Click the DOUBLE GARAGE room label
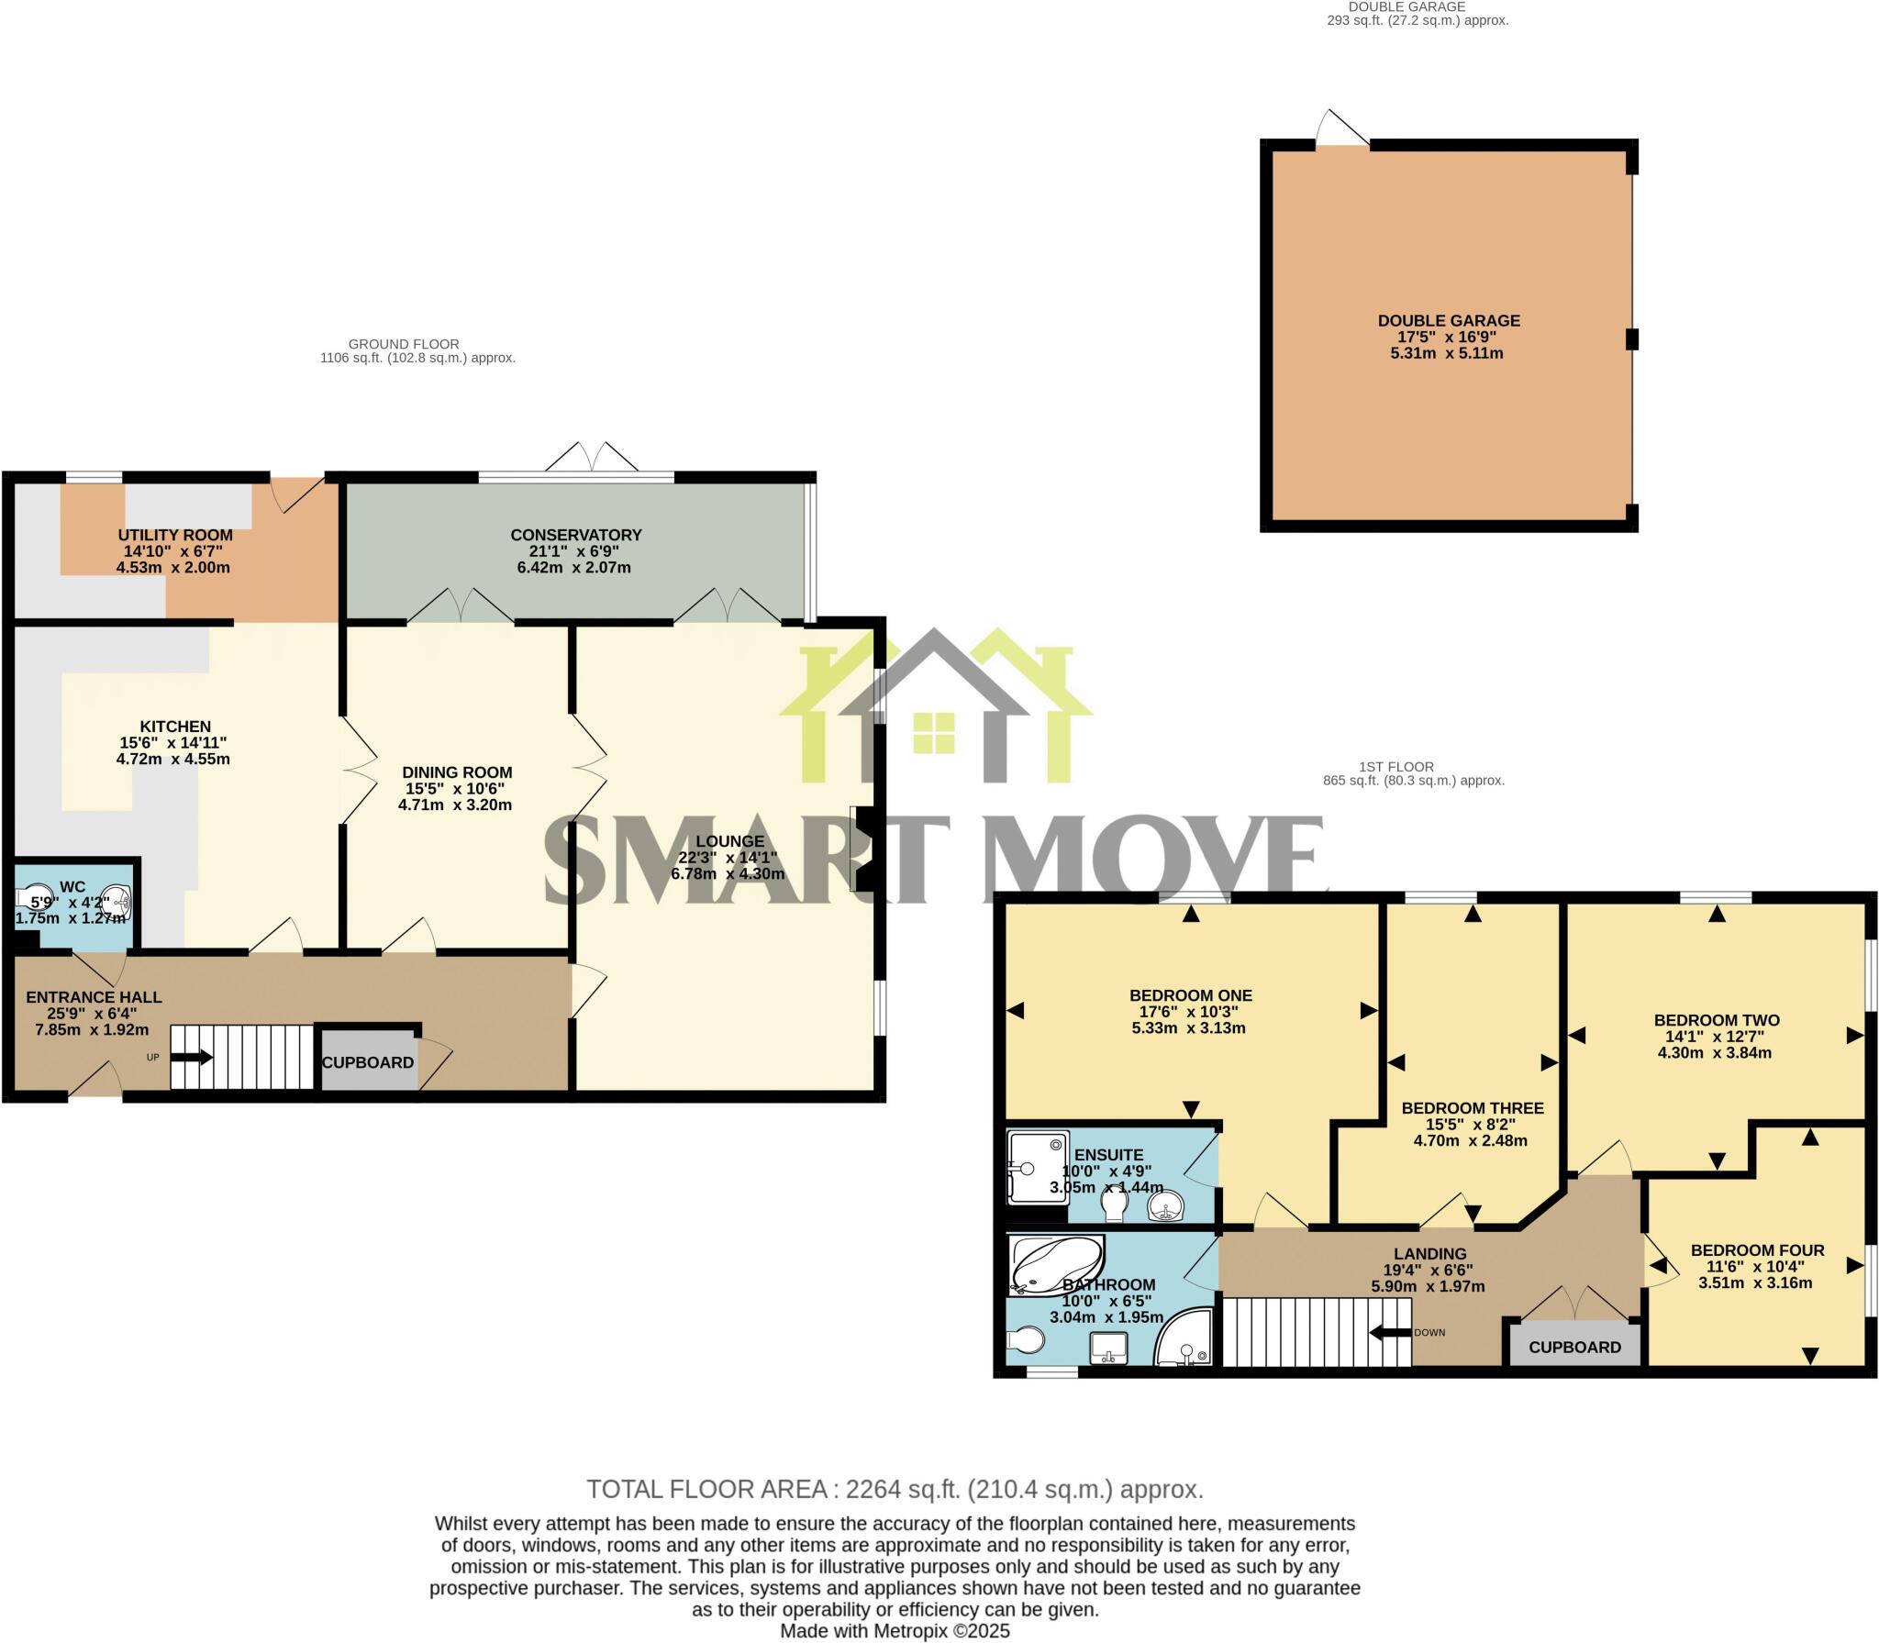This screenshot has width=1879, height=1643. click(x=1448, y=321)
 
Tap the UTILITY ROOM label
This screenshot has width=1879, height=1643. click(x=175, y=535)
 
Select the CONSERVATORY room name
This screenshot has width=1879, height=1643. click(x=575, y=535)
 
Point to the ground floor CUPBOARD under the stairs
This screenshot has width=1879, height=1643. click(x=367, y=1062)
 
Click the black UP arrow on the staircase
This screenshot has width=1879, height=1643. click(x=192, y=1058)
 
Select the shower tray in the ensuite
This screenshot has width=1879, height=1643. click(x=1038, y=1168)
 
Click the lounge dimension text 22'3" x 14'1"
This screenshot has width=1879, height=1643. click(x=728, y=858)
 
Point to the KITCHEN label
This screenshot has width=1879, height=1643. click(x=175, y=727)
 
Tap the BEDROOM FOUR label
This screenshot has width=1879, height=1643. click(x=1757, y=1250)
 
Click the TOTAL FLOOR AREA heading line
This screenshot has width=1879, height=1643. click(x=895, y=1489)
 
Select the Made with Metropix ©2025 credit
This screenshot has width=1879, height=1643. click(x=895, y=1631)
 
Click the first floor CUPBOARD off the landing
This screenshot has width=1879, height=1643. click(x=1574, y=1347)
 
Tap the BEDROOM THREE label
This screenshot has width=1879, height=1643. click(x=1472, y=1108)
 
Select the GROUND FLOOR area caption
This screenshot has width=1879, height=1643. click(x=404, y=344)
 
